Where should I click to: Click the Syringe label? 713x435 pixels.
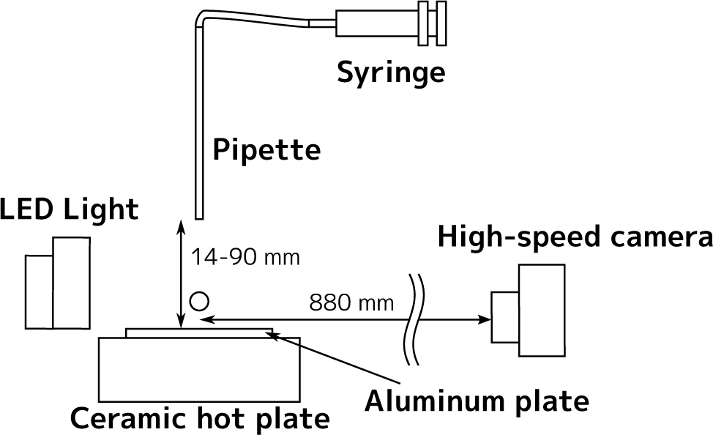pyautogui.click(x=390, y=73)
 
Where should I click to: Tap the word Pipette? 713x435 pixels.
pyautogui.click(x=266, y=150)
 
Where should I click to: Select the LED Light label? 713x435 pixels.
pyautogui.click(x=70, y=209)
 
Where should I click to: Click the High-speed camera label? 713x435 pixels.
pyautogui.click(x=575, y=238)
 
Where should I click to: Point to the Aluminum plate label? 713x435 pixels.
pyautogui.click(x=477, y=401)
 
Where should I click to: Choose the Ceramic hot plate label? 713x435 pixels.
pyautogui.click(x=199, y=419)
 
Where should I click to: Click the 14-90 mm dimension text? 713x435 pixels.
pyautogui.click(x=245, y=258)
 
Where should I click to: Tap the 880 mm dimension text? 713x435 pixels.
pyautogui.click(x=351, y=302)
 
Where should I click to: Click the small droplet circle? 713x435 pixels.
pyautogui.click(x=199, y=300)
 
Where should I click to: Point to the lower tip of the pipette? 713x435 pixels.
pyautogui.click(x=198, y=215)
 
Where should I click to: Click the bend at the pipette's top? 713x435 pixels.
pyautogui.click(x=201, y=15)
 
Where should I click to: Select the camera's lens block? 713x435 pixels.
pyautogui.click(x=505, y=317)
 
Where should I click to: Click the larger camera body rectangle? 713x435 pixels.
pyautogui.click(x=542, y=311)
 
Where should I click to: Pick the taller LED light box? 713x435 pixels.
pyautogui.click(x=71, y=283)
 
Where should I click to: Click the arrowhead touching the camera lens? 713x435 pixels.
pyautogui.click(x=485, y=319)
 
